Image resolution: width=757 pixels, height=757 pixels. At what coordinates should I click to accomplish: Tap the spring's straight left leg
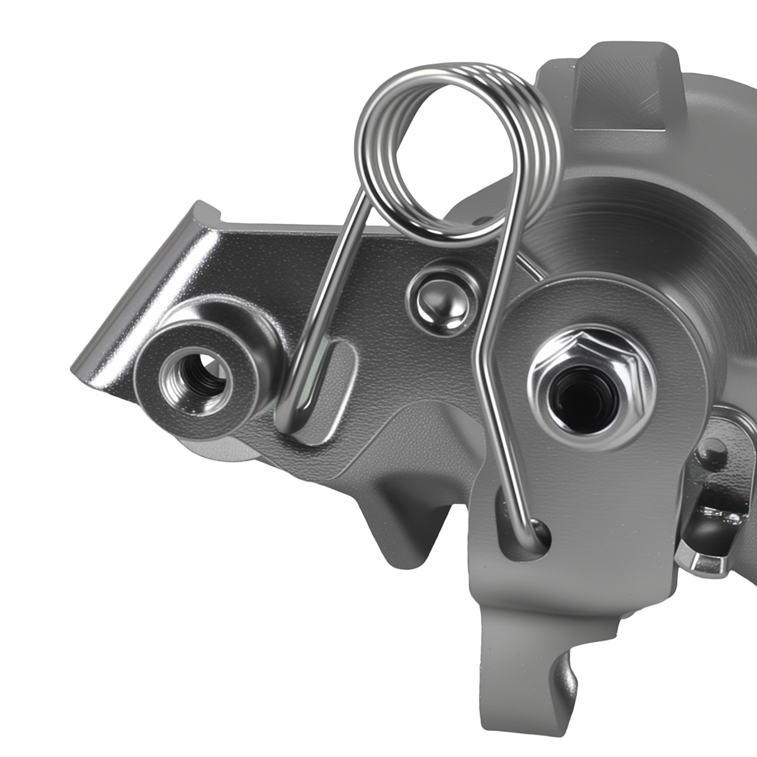326,293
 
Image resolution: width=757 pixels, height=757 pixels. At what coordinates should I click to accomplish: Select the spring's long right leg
497,378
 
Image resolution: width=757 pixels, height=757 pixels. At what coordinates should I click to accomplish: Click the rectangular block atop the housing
625,85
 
